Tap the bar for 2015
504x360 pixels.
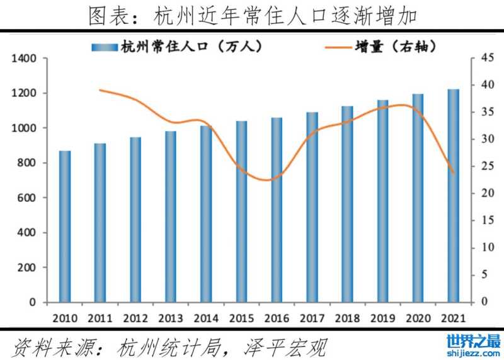tap(242, 211)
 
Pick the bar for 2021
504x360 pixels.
tap(454, 195)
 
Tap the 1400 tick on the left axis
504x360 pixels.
tap(25, 59)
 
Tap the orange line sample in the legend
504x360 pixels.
tap(338, 46)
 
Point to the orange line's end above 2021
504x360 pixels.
tap(454, 173)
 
